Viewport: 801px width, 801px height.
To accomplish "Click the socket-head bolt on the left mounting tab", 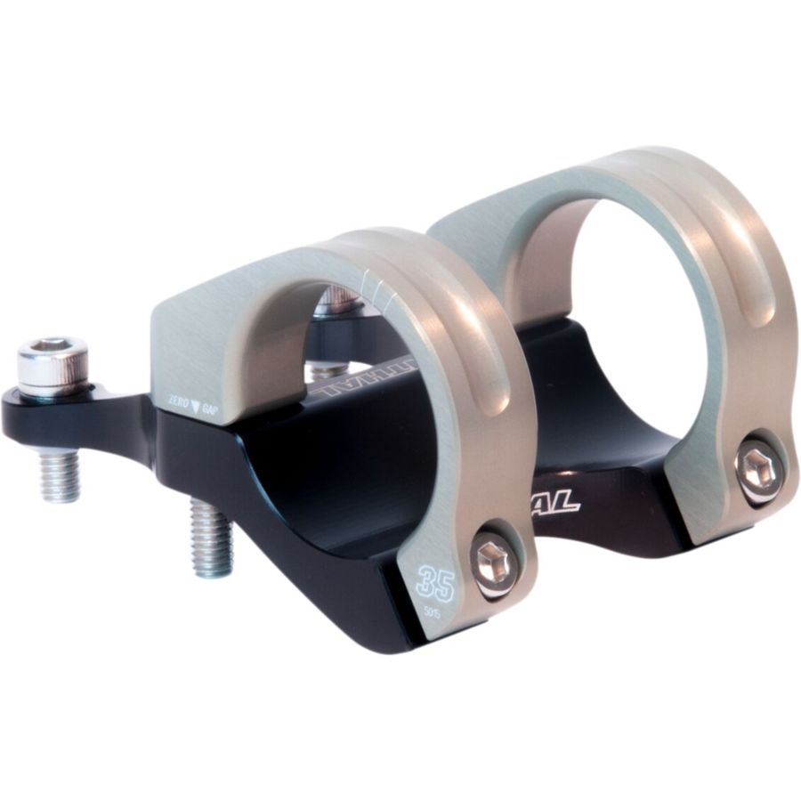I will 53,365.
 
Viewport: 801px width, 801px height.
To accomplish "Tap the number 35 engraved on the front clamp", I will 435,584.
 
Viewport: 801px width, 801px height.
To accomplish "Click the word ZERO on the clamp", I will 179,402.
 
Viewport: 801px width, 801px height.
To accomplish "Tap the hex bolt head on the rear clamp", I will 759,468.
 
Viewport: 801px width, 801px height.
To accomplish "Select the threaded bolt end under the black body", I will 212,536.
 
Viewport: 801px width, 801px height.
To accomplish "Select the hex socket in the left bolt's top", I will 51,346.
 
